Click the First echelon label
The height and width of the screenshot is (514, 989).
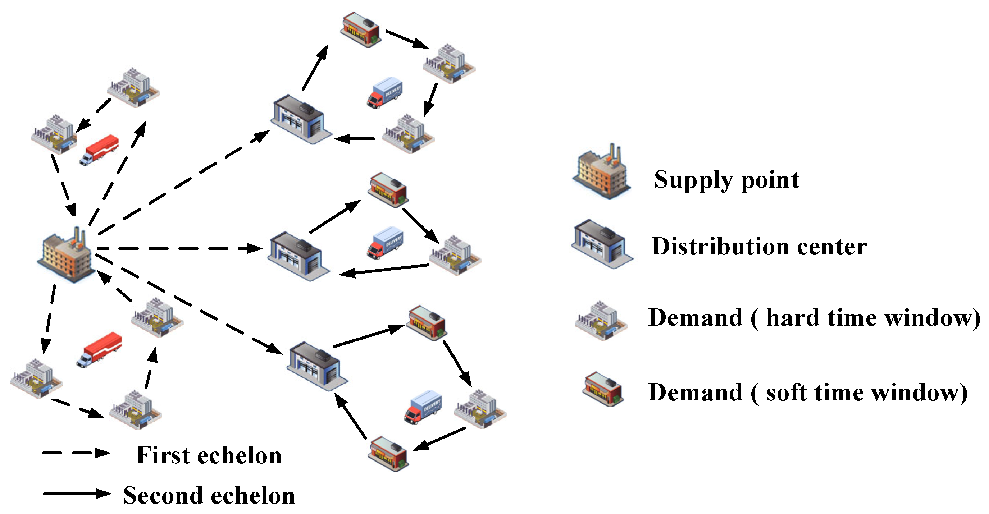(x=209, y=455)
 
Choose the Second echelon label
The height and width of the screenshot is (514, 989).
(x=209, y=495)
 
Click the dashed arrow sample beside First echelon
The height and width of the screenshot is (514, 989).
(x=76, y=453)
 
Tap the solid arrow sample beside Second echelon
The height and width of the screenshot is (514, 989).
(x=77, y=493)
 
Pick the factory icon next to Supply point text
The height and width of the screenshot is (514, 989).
(x=602, y=172)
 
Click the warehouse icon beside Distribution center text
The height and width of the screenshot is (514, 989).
(x=602, y=244)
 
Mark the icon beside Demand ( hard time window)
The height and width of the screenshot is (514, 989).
(x=601, y=321)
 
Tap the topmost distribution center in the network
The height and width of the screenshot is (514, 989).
(x=301, y=119)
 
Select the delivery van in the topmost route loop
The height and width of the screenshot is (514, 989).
(x=385, y=92)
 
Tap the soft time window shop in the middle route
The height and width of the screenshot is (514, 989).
(x=388, y=190)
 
